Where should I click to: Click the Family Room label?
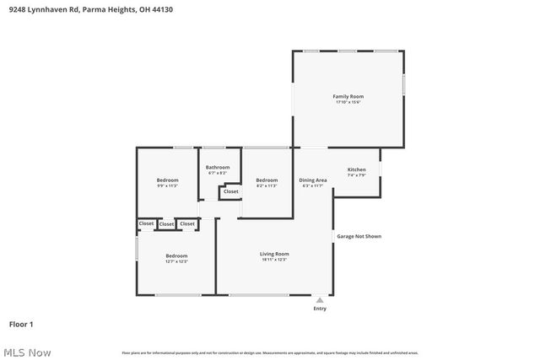[348, 97]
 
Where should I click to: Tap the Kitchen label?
[356, 169]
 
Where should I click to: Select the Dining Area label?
[313, 180]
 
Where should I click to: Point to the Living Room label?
[274, 254]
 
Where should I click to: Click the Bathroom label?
[218, 167]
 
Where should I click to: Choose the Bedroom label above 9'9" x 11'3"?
[167, 180]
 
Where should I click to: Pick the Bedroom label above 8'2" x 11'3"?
[267, 180]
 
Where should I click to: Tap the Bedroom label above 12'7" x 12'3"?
[176, 255]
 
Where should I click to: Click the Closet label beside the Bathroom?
[230, 192]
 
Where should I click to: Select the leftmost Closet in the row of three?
[147, 223]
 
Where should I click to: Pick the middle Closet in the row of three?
[166, 224]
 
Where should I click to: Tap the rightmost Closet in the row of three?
[187, 223]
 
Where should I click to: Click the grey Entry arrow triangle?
[320, 299]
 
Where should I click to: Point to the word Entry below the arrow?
[320, 309]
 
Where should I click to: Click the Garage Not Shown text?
[359, 236]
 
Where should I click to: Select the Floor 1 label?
[21, 324]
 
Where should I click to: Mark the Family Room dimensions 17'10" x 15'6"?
[348, 103]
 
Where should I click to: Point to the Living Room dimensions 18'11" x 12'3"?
[274, 260]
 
